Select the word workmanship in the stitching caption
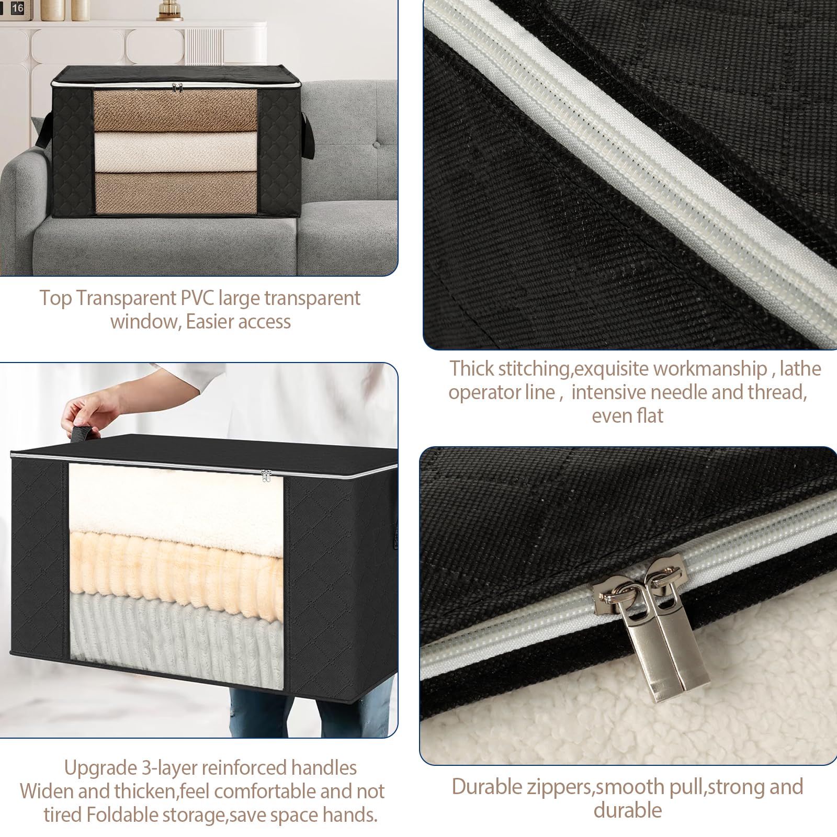(710, 369)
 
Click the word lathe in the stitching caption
(800, 369)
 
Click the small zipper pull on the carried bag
(266, 476)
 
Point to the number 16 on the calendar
(17, 8)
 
